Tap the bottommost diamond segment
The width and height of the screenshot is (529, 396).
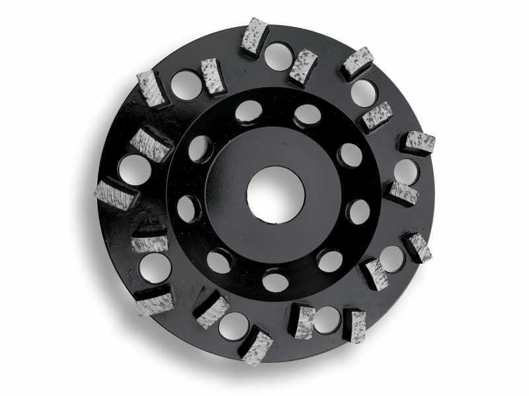tap(258, 346)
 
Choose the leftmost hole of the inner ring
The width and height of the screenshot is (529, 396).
tap(188, 209)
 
